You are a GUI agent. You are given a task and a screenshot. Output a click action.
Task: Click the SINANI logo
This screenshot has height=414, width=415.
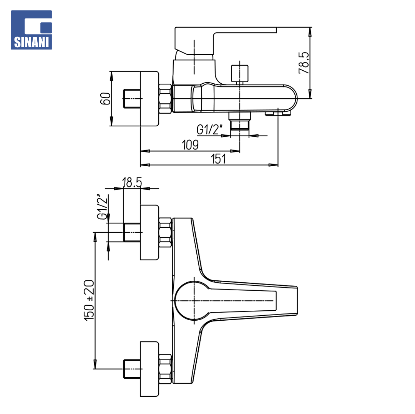click(31, 30)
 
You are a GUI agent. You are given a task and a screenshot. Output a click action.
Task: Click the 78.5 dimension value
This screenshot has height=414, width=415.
click(304, 63)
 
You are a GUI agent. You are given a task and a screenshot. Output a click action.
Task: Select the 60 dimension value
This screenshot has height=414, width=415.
click(105, 99)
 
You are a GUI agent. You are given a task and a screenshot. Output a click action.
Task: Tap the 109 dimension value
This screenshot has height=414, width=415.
click(190, 145)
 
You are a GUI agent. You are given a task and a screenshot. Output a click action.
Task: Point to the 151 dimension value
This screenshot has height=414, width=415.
click(218, 159)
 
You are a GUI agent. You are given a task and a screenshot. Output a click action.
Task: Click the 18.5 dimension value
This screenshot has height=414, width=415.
click(132, 182)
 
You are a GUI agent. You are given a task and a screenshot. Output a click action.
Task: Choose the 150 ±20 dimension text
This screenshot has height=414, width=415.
click(89, 300)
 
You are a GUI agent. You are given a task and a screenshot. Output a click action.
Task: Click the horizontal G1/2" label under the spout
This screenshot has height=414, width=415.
click(209, 129)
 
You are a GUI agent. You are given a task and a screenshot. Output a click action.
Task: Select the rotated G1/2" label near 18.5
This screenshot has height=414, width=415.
click(103, 207)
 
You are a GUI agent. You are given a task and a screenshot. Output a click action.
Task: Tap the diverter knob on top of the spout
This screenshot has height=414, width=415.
click(240, 73)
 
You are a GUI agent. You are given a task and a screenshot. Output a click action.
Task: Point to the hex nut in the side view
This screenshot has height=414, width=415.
click(165, 99)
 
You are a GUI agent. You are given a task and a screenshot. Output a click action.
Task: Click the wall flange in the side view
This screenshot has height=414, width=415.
click(149, 99)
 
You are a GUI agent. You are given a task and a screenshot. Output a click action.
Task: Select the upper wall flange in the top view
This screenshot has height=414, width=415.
click(149, 232)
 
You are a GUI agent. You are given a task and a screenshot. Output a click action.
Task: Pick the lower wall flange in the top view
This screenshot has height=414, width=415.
click(149, 369)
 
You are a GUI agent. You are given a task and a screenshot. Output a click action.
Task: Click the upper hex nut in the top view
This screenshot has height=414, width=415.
click(165, 232)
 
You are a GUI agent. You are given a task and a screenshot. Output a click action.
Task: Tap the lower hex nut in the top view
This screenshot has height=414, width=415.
click(165, 369)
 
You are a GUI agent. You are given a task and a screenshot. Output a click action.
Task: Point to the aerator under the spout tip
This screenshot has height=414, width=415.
click(278, 114)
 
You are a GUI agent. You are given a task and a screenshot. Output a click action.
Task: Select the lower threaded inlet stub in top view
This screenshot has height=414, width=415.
click(132, 369)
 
